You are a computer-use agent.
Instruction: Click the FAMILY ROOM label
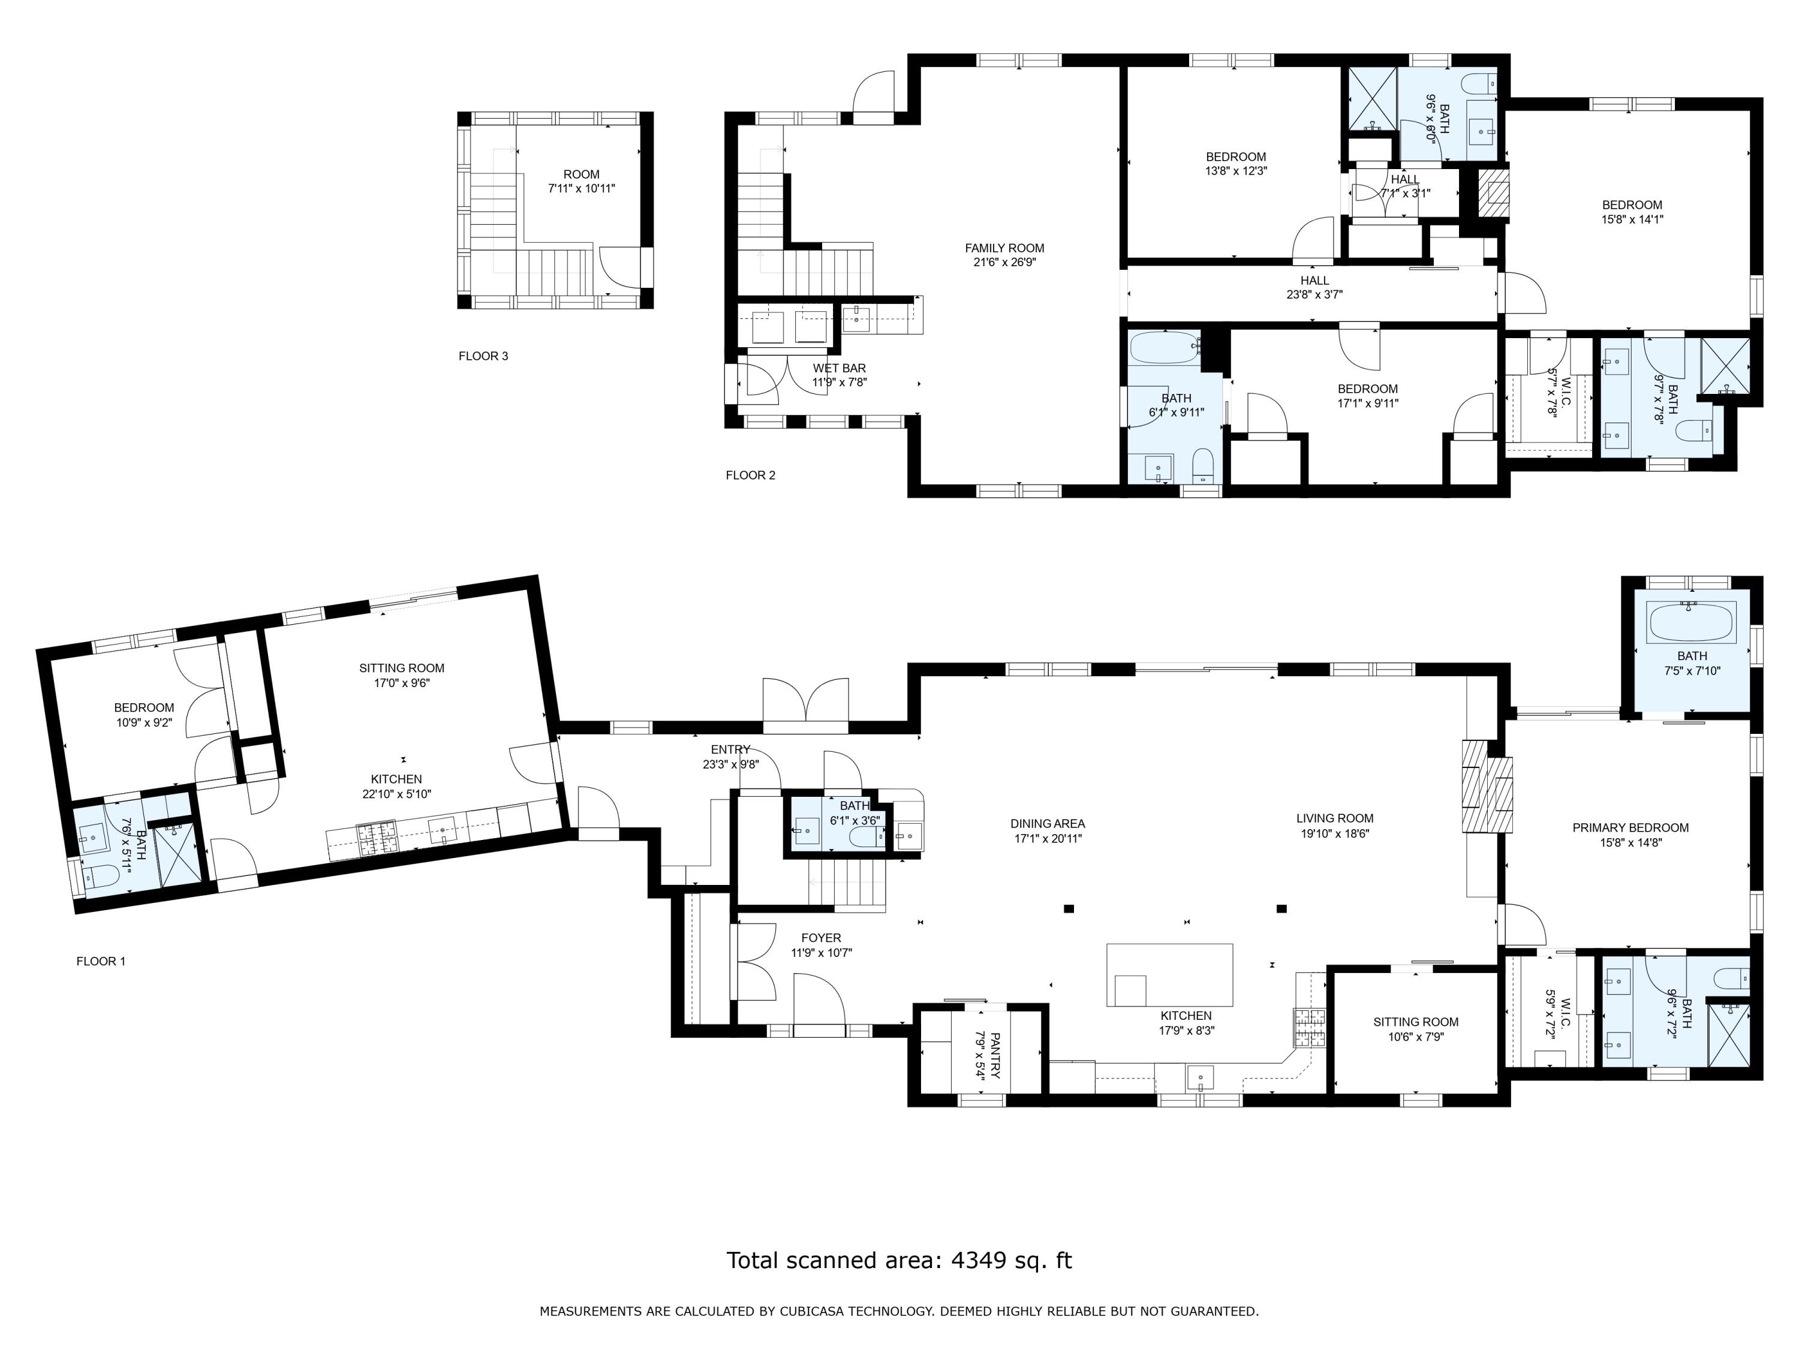pyautogui.click(x=1004, y=248)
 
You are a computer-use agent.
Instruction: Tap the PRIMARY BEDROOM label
pyautogui.click(x=1630, y=828)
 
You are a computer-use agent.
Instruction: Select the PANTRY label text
pyautogui.click(x=995, y=1055)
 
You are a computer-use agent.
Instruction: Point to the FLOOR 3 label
pyautogui.click(x=483, y=356)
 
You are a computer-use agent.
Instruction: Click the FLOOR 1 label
pyautogui.click(x=101, y=961)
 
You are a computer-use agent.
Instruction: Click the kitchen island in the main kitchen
pyautogui.click(x=1169, y=975)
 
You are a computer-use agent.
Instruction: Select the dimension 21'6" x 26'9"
pyautogui.click(x=1004, y=263)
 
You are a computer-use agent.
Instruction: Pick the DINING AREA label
pyautogui.click(x=1048, y=824)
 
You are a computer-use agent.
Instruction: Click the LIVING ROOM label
pyautogui.click(x=1335, y=819)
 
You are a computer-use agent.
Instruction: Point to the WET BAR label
pyautogui.click(x=840, y=368)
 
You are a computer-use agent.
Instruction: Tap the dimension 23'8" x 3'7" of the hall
pyautogui.click(x=1314, y=295)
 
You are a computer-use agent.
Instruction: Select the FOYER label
pyautogui.click(x=822, y=938)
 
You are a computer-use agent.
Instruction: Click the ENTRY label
pyautogui.click(x=730, y=749)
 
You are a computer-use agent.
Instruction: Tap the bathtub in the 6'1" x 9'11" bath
pyautogui.click(x=1165, y=348)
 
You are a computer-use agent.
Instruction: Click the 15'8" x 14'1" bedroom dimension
pyautogui.click(x=1632, y=219)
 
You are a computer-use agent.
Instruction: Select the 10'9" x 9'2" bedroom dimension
pyautogui.click(x=144, y=722)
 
